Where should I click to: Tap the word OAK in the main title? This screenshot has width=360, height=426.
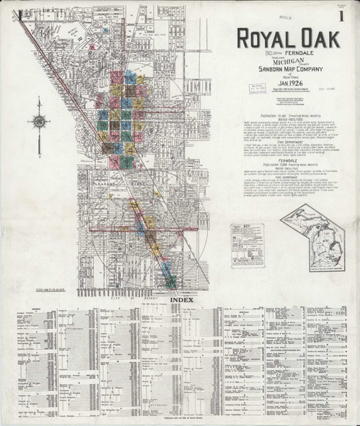[x=318, y=39]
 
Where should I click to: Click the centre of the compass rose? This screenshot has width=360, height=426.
[x=39, y=121]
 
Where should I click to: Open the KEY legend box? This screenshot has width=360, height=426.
[x=247, y=245]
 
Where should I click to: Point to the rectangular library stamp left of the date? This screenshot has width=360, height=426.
[x=257, y=88]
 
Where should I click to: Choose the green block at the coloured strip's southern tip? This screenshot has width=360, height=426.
[x=171, y=283]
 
